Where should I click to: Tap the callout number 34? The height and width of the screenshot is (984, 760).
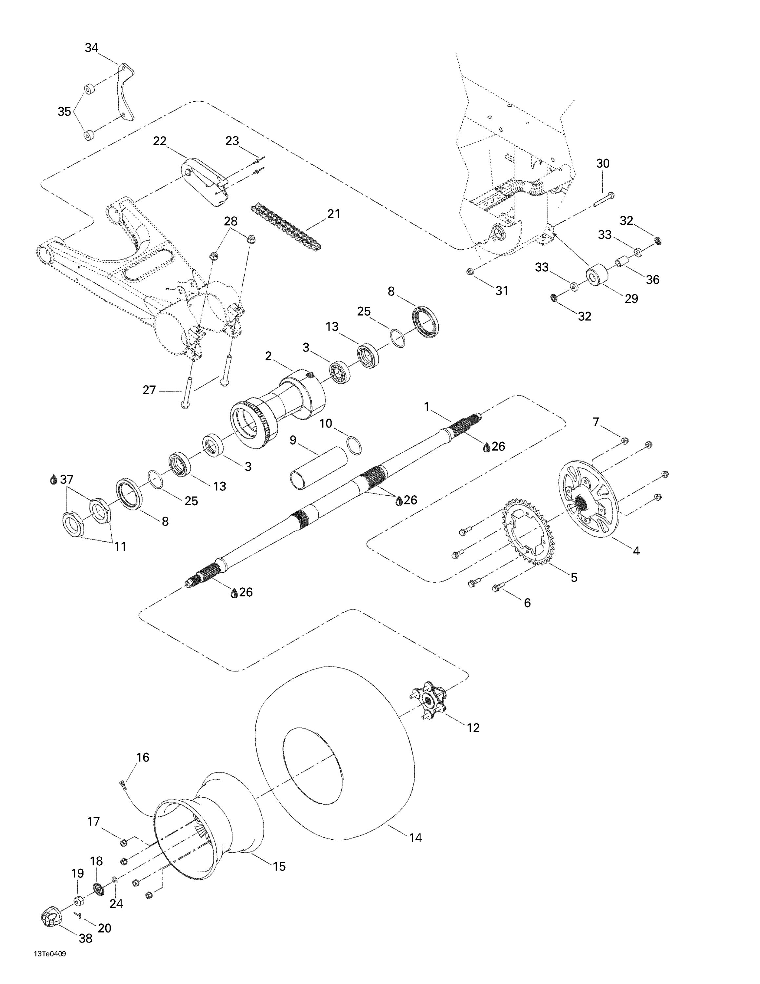click(x=91, y=48)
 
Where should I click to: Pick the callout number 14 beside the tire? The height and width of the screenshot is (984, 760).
click(x=415, y=838)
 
